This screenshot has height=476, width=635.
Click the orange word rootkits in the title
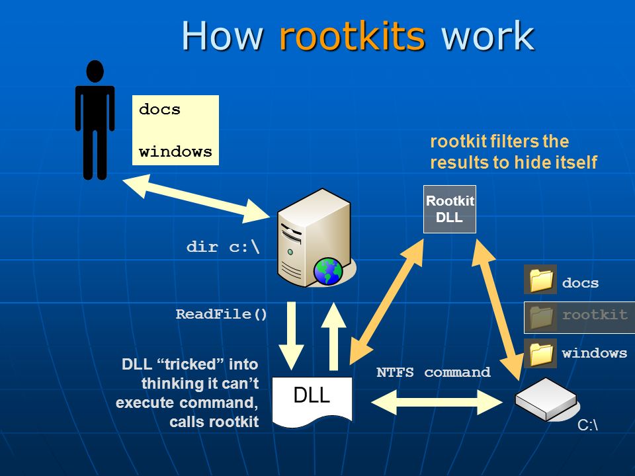(x=352, y=36)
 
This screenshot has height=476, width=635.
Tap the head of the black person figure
(x=95, y=71)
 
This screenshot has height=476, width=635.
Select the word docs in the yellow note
(x=159, y=109)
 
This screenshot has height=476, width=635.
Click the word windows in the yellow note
(x=175, y=152)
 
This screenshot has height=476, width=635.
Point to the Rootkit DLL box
(x=450, y=210)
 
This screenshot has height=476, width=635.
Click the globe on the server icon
(x=327, y=271)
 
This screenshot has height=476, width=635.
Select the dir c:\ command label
(x=223, y=247)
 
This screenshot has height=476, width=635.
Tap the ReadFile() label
(x=221, y=314)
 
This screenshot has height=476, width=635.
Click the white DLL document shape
(x=312, y=401)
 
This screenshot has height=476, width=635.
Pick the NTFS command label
(x=433, y=372)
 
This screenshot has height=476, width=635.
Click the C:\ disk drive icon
(x=546, y=399)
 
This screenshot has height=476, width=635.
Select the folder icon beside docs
(x=540, y=279)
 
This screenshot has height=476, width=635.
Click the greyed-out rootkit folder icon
(x=540, y=317)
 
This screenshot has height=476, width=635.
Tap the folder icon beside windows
(x=540, y=353)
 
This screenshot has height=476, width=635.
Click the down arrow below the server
(x=291, y=336)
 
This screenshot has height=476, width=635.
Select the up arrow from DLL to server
(x=333, y=336)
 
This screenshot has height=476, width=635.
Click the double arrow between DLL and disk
(x=437, y=403)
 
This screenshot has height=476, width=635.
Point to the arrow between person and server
(x=196, y=198)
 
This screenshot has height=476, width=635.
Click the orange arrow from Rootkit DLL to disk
(x=497, y=309)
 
